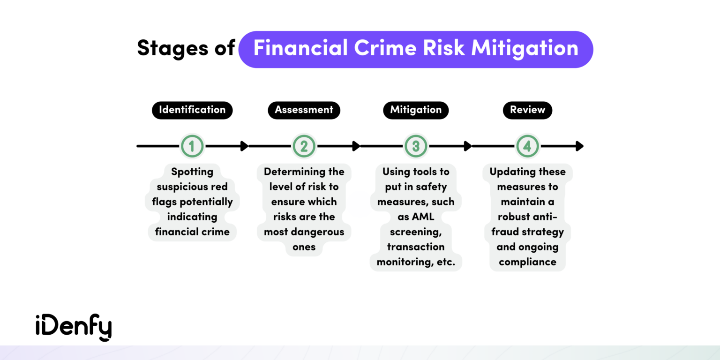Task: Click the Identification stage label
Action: [192, 110]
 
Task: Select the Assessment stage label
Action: [304, 110]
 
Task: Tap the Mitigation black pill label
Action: [416, 110]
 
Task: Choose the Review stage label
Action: [527, 110]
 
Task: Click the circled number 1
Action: [192, 146]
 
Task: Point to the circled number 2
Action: [304, 146]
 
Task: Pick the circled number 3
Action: [416, 146]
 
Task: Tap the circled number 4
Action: [527, 146]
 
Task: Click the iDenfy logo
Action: [74, 328]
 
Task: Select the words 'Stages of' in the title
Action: [186, 49]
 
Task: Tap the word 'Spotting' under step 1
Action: [192, 172]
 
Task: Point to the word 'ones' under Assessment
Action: [304, 247]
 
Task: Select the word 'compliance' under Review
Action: [527, 262]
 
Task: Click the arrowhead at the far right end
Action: [580, 146]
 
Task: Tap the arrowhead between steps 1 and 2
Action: [244, 146]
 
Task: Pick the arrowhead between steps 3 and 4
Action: [468, 146]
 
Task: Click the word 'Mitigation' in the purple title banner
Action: [525, 49]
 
